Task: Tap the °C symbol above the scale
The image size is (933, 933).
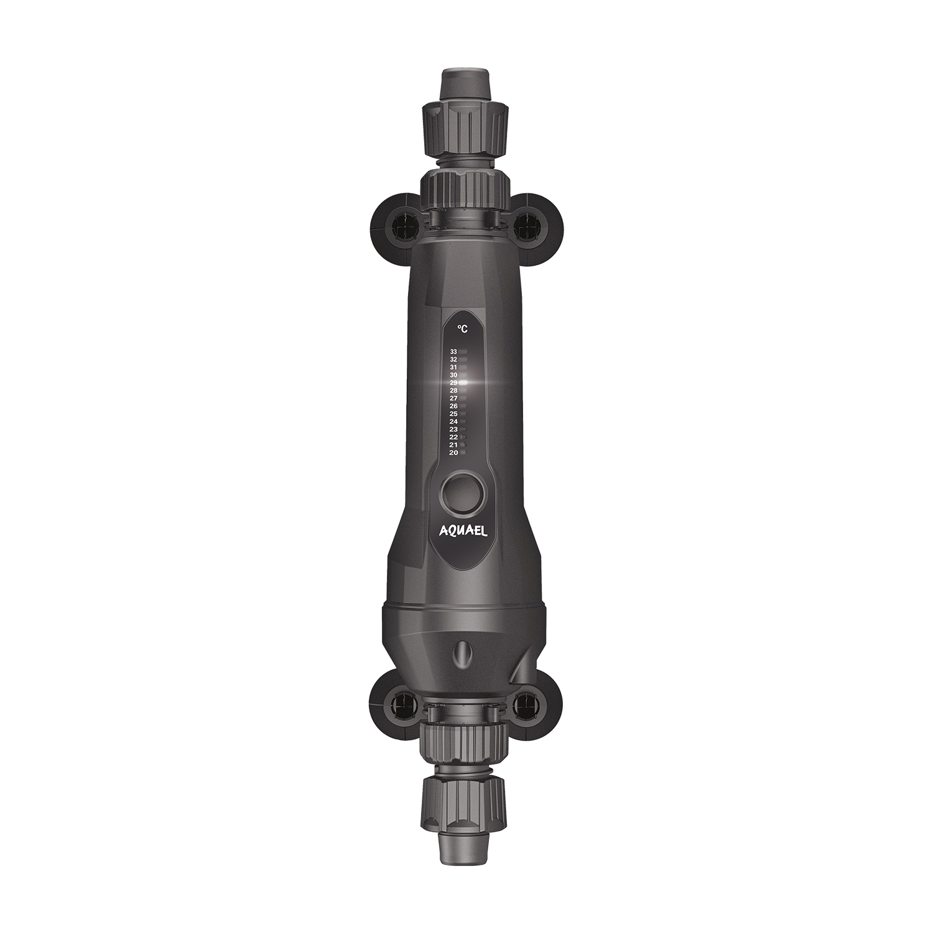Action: (462, 329)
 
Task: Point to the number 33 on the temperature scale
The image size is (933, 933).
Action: (453, 352)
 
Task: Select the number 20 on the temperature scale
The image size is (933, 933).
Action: (453, 453)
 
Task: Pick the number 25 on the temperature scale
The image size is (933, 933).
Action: (453, 414)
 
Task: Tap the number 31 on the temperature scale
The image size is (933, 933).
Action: (453, 368)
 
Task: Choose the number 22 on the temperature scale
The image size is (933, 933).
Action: (453, 437)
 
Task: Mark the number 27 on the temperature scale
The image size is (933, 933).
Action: (453, 398)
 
